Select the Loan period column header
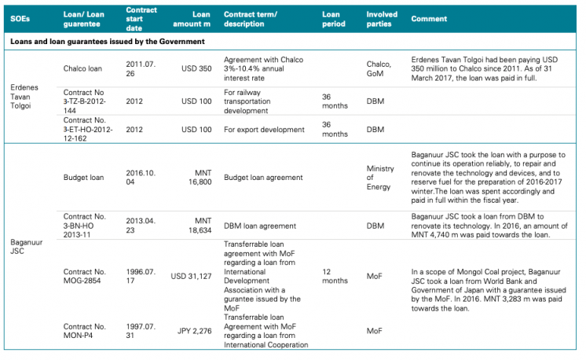coord(331,18)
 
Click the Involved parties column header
coord(383,18)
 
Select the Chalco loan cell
coord(82,69)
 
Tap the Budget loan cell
coord(83,178)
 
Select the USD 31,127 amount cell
coord(188,276)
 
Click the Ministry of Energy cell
coord(381,178)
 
